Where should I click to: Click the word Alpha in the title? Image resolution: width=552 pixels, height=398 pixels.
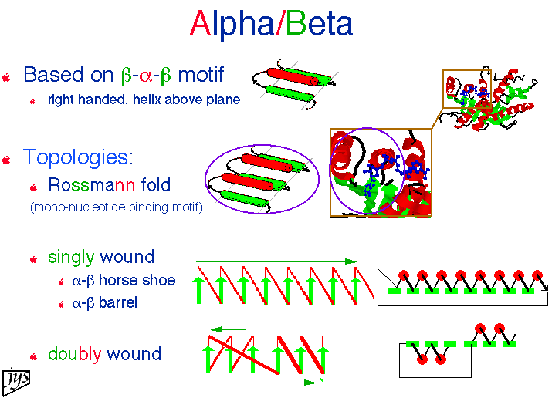[x=232, y=24]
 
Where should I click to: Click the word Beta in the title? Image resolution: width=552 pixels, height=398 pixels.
[x=320, y=24]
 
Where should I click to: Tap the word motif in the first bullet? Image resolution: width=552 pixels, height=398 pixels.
[x=201, y=75]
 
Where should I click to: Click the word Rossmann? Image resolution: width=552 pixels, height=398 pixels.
[x=92, y=185]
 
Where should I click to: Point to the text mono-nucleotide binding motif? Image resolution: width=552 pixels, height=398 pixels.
[x=117, y=207]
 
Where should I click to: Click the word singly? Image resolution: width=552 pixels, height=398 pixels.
[x=71, y=258]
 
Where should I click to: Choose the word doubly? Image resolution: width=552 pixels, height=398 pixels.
[x=75, y=354]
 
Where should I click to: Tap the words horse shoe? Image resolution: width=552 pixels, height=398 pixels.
[x=137, y=280]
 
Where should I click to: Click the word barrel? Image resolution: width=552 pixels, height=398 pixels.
[x=118, y=302]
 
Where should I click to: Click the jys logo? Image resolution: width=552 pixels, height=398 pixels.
[x=16, y=381]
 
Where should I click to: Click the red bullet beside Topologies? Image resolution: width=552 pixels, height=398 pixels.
[x=6, y=160]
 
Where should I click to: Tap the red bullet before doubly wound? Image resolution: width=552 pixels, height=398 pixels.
[x=33, y=357]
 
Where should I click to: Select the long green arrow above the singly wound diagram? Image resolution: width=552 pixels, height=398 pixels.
[x=276, y=261]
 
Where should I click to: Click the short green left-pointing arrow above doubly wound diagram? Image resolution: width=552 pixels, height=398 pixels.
[x=228, y=329]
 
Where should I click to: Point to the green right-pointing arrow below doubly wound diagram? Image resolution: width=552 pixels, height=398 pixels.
[x=301, y=383]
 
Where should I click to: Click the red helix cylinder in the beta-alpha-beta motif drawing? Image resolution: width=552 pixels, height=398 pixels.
[x=293, y=77]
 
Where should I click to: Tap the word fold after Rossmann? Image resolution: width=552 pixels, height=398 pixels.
[x=156, y=185]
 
